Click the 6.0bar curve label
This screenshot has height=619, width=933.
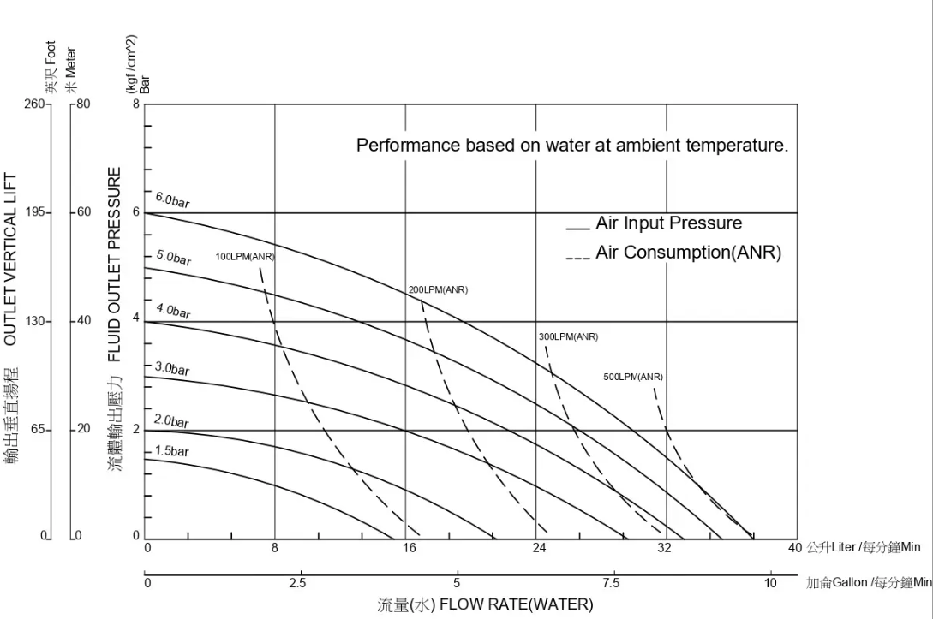click(172, 200)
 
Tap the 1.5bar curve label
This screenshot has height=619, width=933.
click(171, 450)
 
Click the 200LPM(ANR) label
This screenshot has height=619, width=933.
click(438, 289)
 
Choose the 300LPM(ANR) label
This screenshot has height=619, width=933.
click(568, 336)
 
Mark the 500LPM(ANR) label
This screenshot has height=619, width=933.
click(633, 377)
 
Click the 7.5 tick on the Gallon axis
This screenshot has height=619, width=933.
click(612, 583)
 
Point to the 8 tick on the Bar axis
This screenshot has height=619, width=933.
click(135, 104)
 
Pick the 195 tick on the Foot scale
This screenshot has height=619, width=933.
click(37, 212)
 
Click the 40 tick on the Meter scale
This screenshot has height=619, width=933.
click(84, 321)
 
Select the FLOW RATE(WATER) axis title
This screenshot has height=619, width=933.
click(485, 605)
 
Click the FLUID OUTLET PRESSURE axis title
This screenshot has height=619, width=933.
click(115, 264)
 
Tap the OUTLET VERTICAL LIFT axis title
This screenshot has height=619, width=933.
click(11, 259)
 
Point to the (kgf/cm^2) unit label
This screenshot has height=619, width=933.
click(131, 64)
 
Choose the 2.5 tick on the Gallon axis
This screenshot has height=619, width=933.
click(297, 583)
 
